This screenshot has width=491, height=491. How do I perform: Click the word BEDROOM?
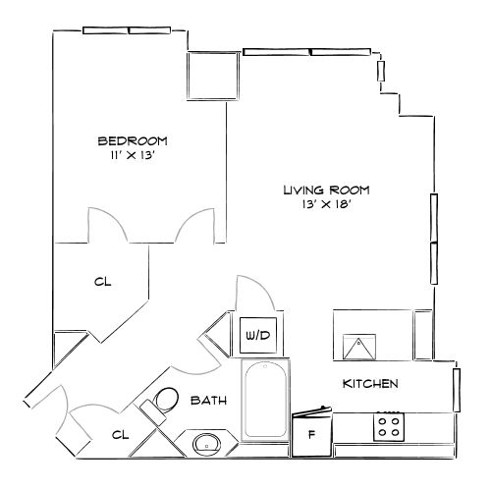(133, 140)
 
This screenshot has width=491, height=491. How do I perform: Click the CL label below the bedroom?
(102, 283)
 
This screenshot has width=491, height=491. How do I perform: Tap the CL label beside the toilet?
(119, 434)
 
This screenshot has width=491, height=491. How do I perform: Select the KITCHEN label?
(369, 383)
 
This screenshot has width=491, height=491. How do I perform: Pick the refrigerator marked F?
(312, 434)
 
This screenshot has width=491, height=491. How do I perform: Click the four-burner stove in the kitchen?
(388, 427)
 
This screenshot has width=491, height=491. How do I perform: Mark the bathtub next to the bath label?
(265, 401)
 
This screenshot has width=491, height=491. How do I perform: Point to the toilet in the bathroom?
(163, 401)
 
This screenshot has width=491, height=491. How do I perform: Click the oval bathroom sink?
(208, 444)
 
